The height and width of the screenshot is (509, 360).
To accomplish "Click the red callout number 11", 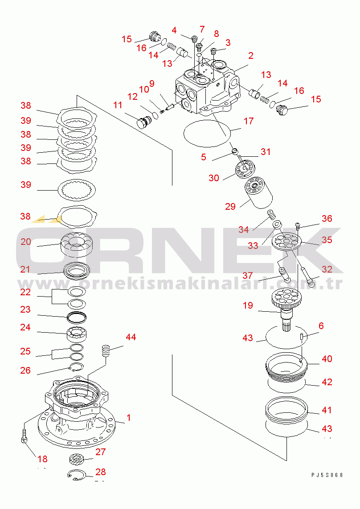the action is coord(118,105).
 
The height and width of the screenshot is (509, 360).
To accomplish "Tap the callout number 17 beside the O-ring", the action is coord(249,121).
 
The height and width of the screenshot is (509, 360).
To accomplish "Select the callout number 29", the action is coord(230,206).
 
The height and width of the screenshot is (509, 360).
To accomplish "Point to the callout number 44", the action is coord(131,337).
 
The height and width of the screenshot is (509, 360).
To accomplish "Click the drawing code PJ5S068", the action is coord(327,475).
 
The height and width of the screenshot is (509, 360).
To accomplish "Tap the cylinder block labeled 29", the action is coord(258,192).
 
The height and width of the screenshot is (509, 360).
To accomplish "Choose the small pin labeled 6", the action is coord(301,337).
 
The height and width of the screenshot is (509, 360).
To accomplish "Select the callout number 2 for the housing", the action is coord(251,56).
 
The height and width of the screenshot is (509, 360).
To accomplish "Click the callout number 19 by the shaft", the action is coord(248,305).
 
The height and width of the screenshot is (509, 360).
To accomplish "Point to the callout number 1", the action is coord(129,417).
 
